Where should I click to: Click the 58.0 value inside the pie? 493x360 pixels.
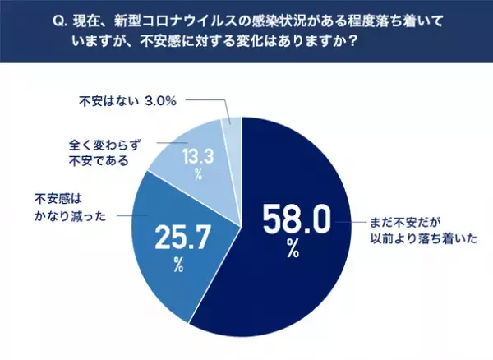296,220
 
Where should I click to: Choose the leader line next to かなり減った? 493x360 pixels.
123,211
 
